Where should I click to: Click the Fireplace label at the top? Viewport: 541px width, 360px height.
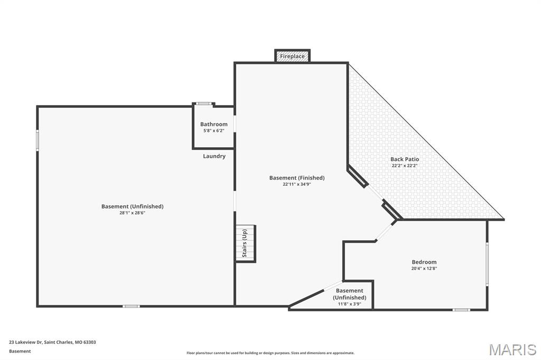tap(292, 56)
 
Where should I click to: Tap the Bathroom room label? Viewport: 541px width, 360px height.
tap(214, 124)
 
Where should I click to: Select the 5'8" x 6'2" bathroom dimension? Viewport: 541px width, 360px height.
tap(214, 131)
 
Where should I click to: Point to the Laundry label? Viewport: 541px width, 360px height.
tap(214, 156)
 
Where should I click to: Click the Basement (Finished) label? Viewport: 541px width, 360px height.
tap(297, 178)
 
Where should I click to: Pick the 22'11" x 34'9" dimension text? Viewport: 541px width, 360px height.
tap(297, 184)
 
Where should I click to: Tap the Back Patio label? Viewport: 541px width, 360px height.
tap(405, 159)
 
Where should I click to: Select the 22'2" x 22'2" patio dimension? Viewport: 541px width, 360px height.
tap(405, 166)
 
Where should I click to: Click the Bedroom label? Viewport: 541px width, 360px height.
tap(424, 262)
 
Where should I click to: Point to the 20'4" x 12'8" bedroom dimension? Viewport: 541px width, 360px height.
tap(424, 269)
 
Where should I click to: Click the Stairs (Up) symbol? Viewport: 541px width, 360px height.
tap(246, 243)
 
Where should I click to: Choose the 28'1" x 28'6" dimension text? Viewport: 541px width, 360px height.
tap(133, 213)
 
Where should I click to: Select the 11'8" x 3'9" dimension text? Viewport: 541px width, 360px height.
tap(350, 304)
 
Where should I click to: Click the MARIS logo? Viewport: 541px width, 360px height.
tap(512, 349)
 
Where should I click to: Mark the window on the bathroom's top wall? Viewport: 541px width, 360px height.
tap(203, 103)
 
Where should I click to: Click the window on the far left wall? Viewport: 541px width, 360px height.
tap(38, 140)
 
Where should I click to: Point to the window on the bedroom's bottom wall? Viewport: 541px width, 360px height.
tap(461, 310)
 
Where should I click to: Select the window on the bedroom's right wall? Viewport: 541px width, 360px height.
tap(487, 264)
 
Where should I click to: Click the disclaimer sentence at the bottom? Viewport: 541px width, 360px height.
tap(270, 353)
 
